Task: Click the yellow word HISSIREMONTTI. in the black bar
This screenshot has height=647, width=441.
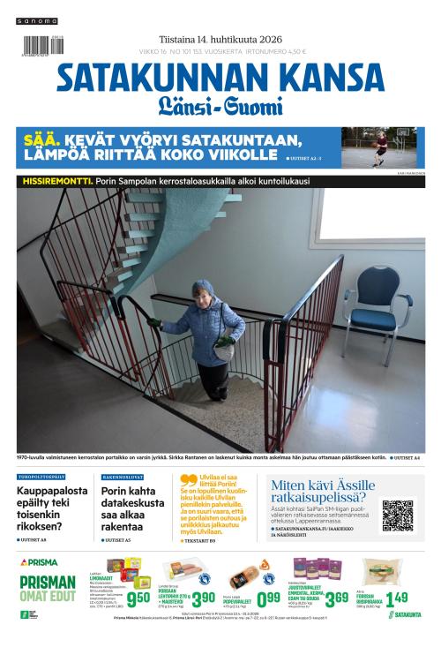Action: click(50, 181)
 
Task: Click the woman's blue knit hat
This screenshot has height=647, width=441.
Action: click(204, 289)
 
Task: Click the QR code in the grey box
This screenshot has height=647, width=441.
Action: click(397, 516)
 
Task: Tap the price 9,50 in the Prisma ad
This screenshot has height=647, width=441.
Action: click(138, 599)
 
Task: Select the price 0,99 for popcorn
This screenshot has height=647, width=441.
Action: click(268, 599)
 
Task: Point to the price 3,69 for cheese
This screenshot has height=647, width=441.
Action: click(336, 599)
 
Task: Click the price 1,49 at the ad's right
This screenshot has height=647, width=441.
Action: click(396, 598)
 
